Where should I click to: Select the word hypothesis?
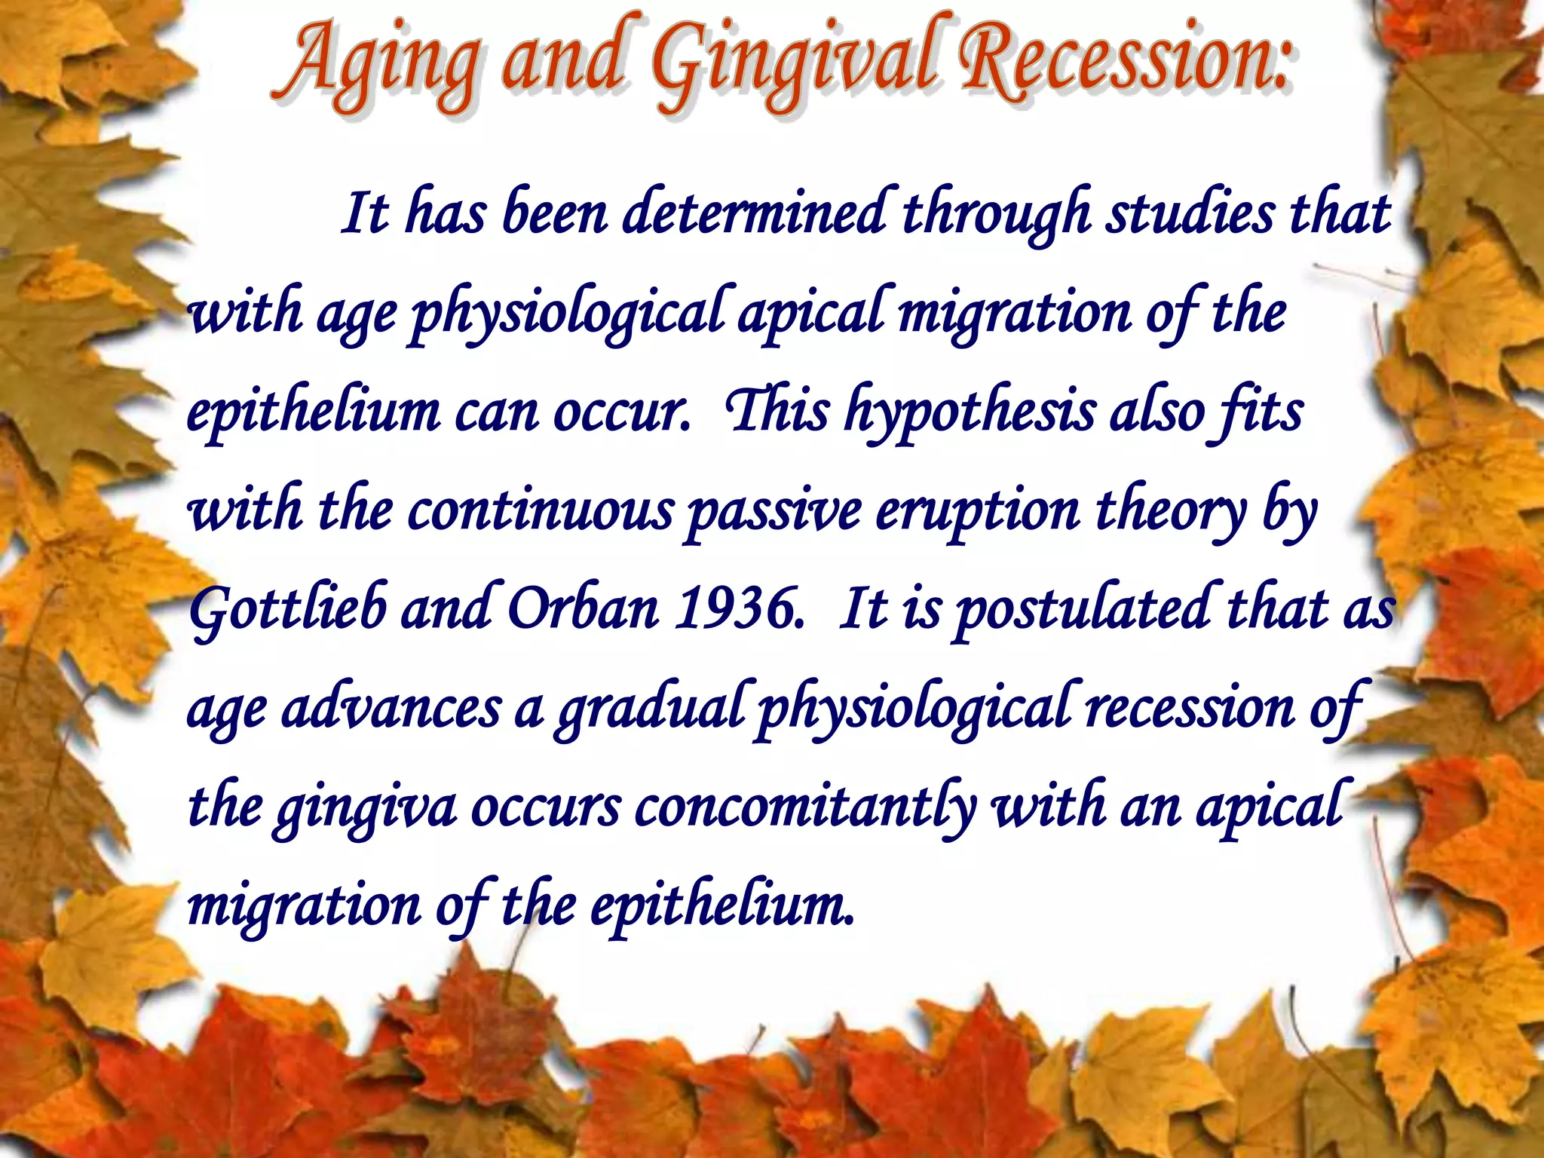coord(970,413)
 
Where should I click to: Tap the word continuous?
coord(540,511)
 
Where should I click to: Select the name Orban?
coord(584,609)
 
